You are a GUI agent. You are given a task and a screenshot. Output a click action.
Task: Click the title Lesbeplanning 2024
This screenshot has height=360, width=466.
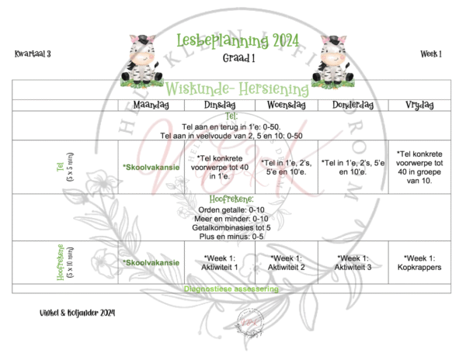[231, 40]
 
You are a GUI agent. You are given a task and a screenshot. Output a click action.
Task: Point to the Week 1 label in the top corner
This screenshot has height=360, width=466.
[431, 54]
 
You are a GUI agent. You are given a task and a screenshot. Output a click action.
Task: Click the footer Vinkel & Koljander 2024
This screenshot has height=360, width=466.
[68, 312]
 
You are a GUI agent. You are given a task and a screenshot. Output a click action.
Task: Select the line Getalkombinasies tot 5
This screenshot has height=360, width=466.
[232, 227]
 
